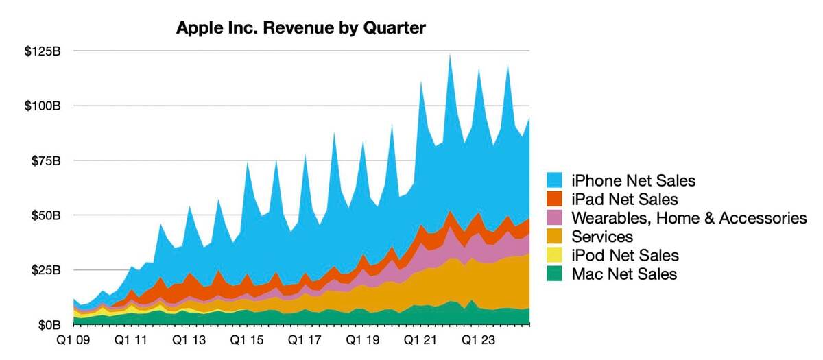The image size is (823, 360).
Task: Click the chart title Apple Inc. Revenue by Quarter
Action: (301, 28)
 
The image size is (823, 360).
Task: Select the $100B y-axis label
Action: (45, 106)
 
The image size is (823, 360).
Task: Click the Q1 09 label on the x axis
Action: (73, 340)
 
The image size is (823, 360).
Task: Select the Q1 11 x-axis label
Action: (131, 340)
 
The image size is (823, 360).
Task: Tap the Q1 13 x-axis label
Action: (189, 340)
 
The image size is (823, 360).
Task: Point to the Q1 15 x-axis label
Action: (246, 340)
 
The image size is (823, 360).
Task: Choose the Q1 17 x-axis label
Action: (304, 340)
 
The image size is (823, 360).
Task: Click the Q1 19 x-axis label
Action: (361, 340)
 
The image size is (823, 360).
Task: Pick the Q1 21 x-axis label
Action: (419, 340)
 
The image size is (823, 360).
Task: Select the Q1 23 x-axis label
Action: (477, 340)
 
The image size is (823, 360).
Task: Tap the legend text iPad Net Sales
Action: (623, 200)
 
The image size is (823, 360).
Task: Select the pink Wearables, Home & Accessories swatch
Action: (556, 218)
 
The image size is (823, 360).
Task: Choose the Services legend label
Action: (602, 237)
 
